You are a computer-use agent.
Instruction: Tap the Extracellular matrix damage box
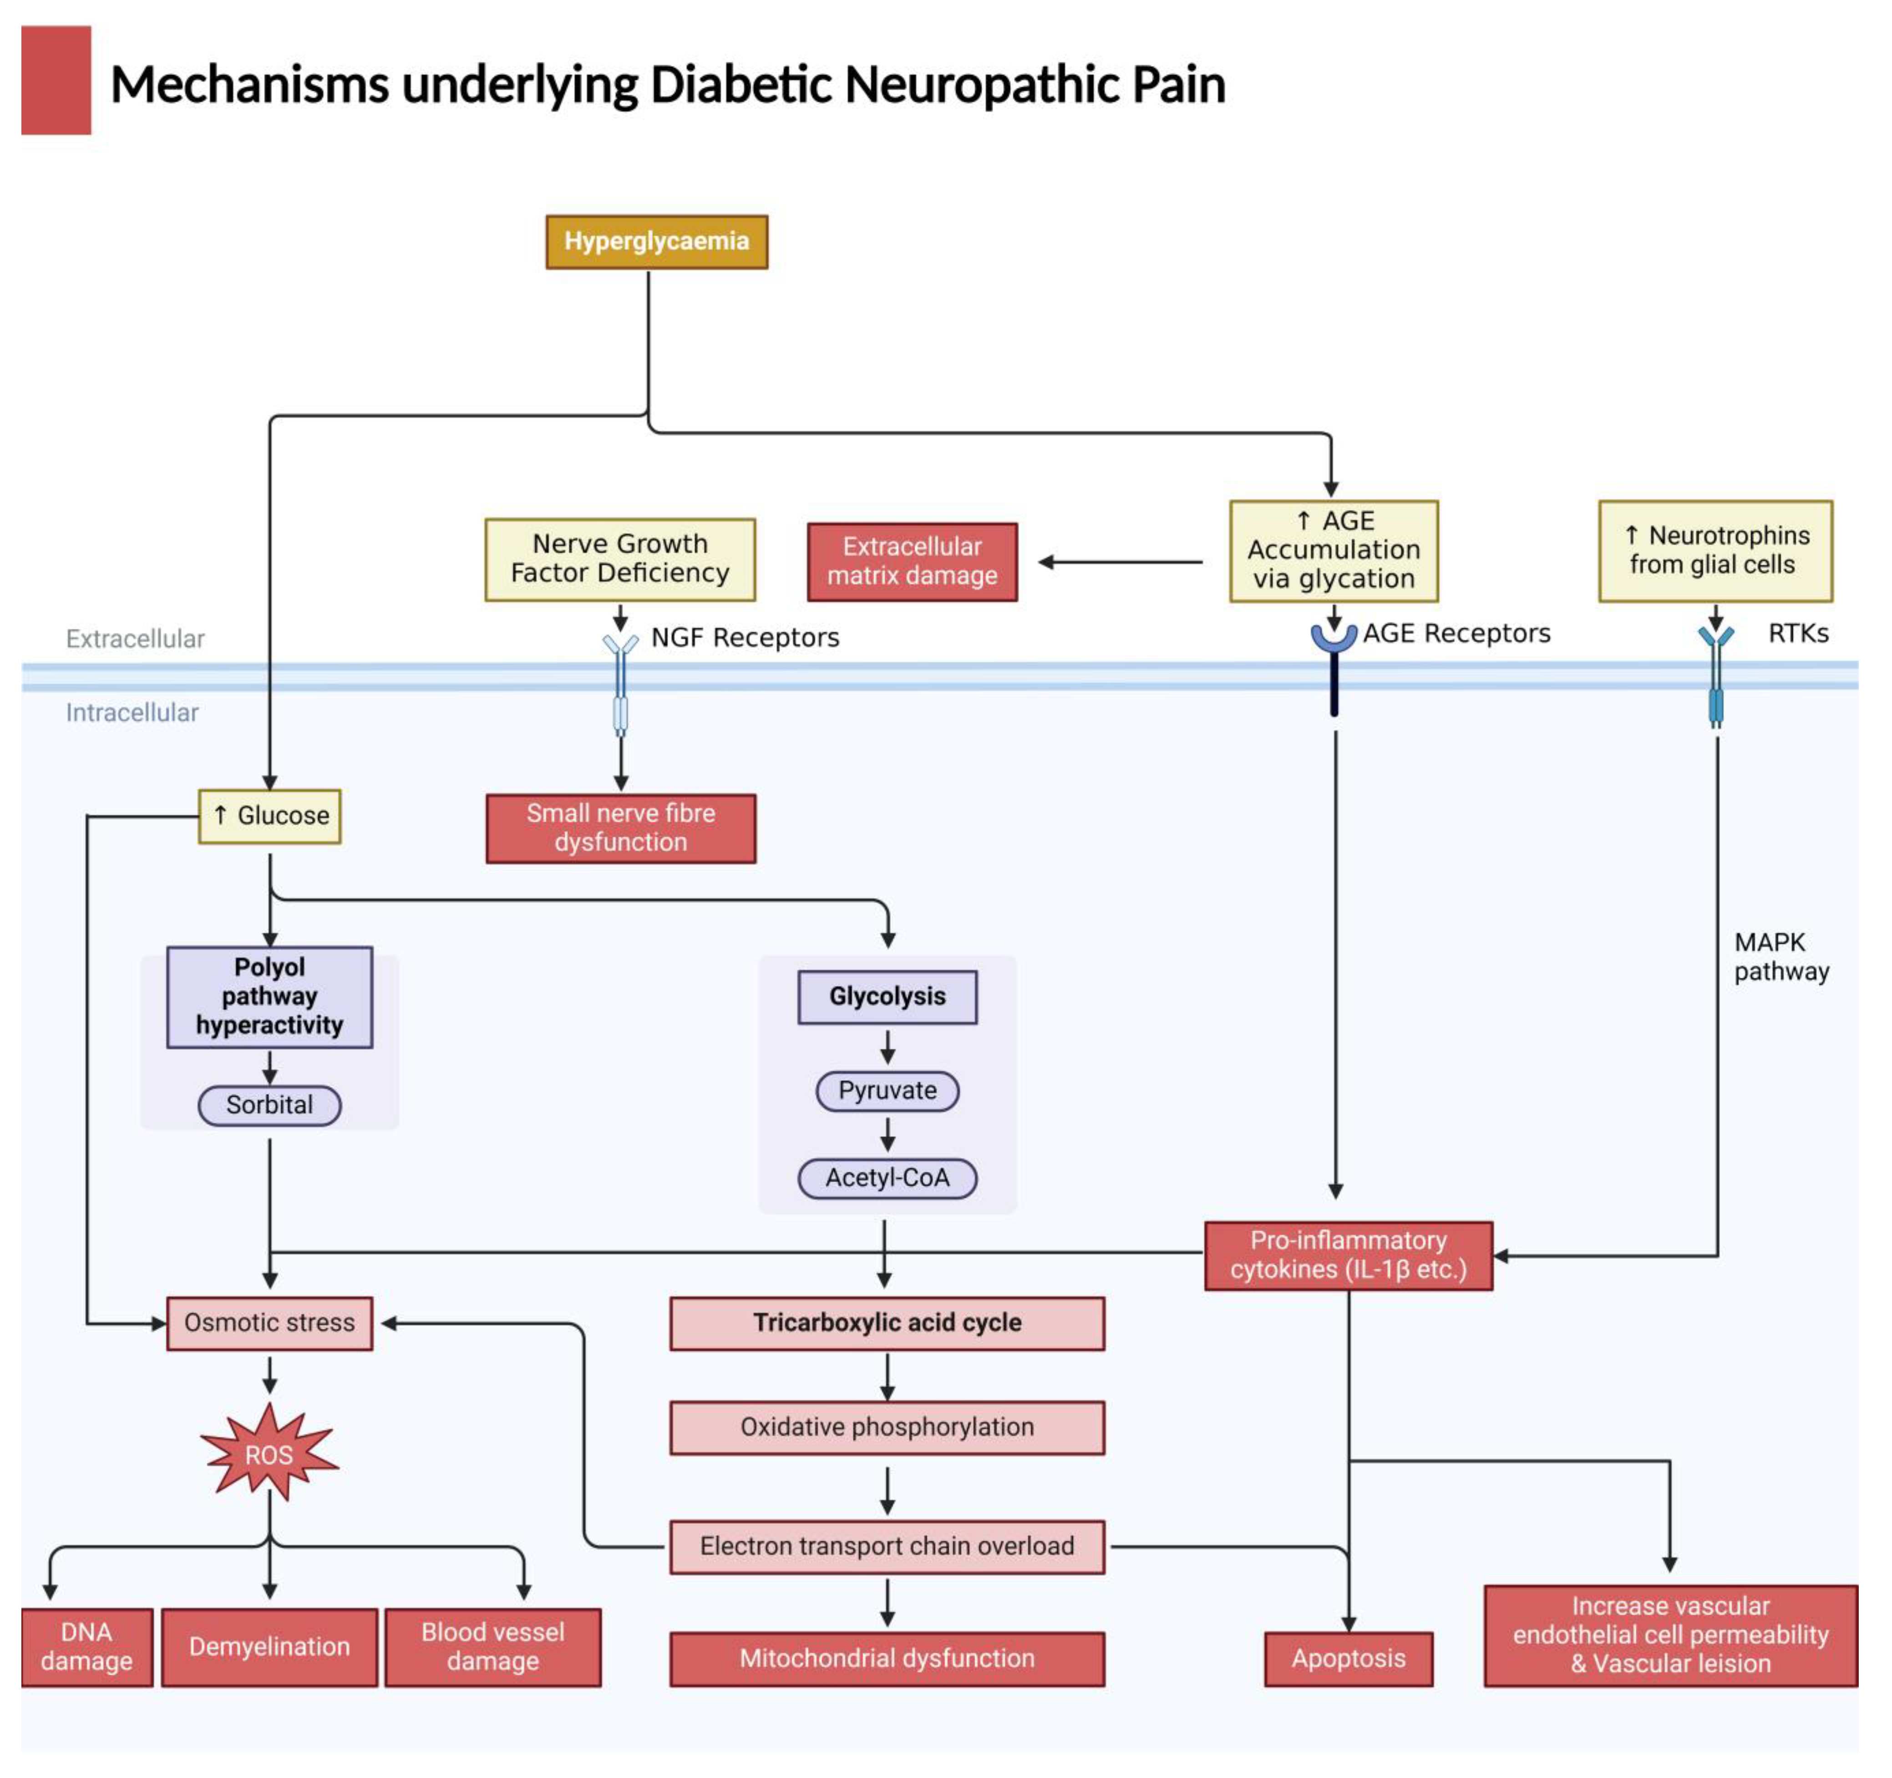pos(912,562)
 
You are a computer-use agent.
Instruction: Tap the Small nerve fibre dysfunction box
pos(620,828)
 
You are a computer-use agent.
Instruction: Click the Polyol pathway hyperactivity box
pos(269,996)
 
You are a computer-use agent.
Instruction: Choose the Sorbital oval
pos(269,1105)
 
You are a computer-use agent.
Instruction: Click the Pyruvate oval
pos(887,1091)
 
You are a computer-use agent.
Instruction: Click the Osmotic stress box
pos(269,1323)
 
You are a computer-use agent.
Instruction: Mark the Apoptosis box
pos(1348,1658)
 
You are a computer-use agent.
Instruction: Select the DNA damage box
pos(86,1646)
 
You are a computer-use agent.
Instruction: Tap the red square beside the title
pos(56,80)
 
